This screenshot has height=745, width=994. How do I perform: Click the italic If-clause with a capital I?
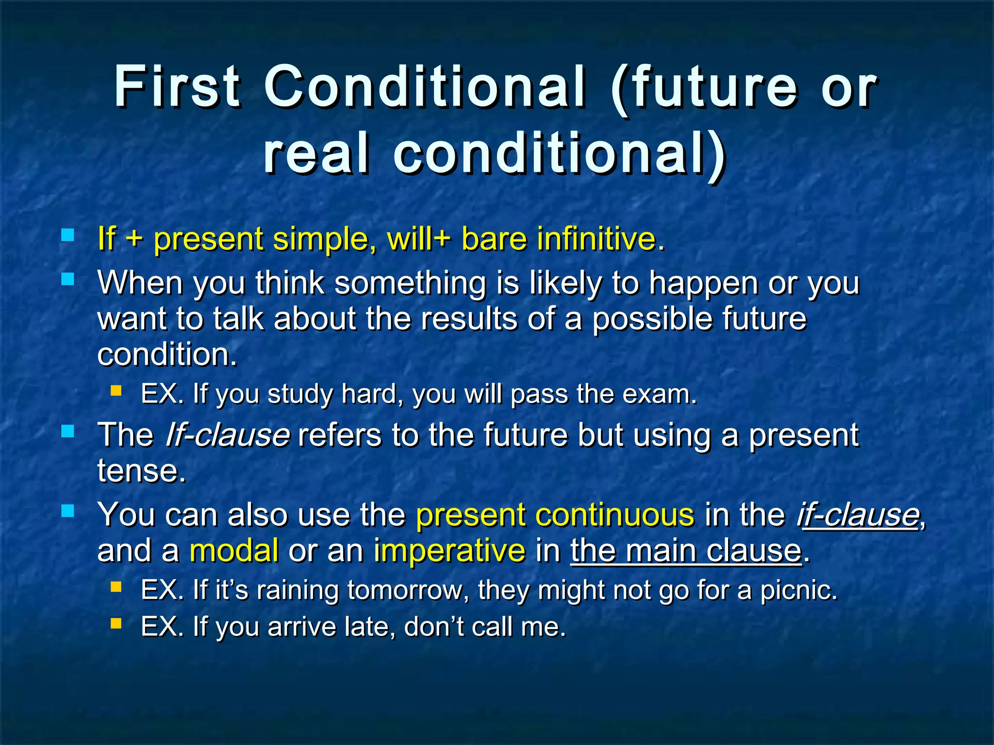[227, 435]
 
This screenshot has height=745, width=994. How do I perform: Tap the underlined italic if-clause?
[858, 515]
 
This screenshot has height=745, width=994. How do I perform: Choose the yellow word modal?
[234, 551]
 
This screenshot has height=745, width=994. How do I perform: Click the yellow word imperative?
[449, 551]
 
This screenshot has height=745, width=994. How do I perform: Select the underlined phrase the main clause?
[685, 551]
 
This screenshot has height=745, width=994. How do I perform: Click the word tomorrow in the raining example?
[408, 590]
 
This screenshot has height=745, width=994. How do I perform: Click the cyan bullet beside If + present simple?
[68, 236]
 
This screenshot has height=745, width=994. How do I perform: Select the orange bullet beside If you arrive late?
[116, 623]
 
